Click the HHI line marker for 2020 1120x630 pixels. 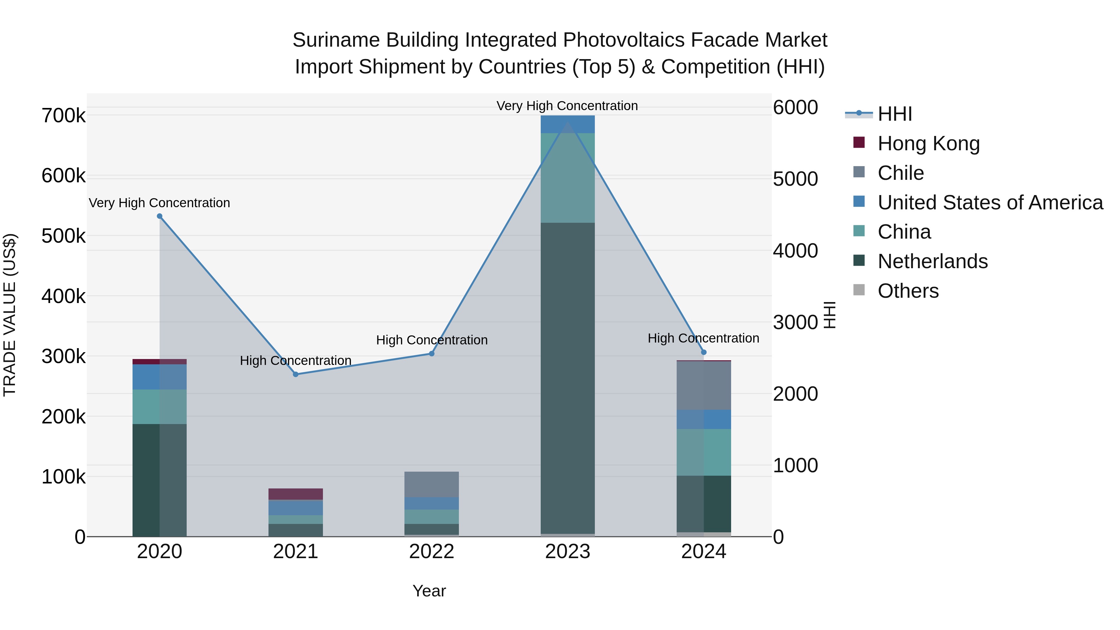160,216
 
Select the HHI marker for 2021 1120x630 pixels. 296,374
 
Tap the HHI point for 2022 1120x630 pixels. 432,353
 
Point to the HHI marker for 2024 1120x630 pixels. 704,352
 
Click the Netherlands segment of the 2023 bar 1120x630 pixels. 567,378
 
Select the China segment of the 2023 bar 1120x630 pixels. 567,178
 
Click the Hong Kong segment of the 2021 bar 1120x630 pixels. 296,494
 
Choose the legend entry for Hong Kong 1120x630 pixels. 928,143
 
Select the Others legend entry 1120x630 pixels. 908,291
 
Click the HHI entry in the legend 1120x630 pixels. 894,114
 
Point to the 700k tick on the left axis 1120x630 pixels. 63,116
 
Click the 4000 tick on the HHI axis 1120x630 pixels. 795,251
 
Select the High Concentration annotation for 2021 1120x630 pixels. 296,361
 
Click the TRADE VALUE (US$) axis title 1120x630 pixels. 10,315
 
